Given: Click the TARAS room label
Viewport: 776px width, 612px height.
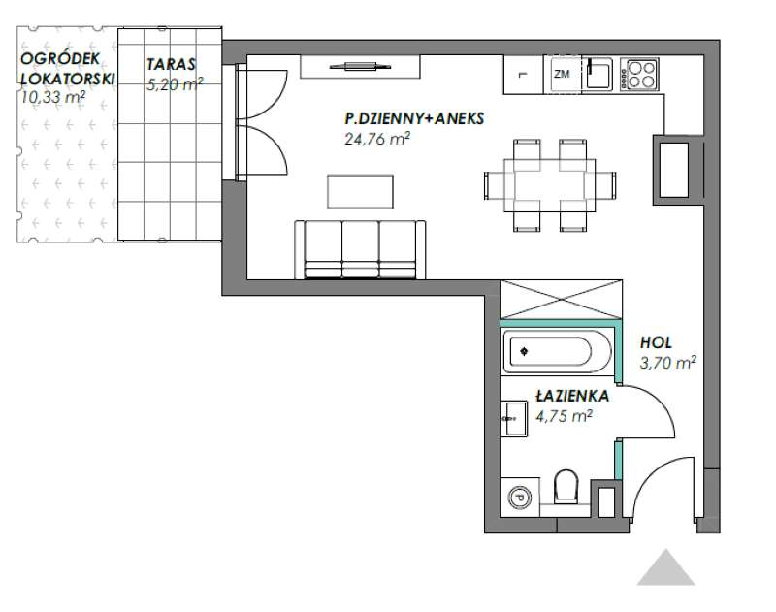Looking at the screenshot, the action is click(x=171, y=64).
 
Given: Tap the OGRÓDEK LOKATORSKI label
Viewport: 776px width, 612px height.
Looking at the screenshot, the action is click(x=67, y=68).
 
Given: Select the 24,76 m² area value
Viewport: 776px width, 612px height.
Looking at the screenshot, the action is click(x=377, y=139).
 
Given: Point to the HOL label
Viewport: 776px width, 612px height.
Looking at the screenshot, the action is click(x=656, y=342).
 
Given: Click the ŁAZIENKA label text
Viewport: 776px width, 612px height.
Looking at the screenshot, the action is click(x=572, y=396).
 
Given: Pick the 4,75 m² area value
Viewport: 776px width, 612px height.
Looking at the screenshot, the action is click(x=564, y=416).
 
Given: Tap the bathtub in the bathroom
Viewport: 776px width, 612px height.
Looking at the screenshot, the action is click(x=557, y=352).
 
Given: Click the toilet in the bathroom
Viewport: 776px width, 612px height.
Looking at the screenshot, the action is click(x=566, y=487).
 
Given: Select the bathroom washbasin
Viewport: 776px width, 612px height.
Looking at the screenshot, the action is click(x=514, y=419).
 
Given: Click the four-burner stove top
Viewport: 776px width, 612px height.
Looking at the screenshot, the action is click(x=640, y=75).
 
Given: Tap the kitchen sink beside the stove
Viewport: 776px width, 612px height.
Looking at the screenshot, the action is click(x=598, y=74).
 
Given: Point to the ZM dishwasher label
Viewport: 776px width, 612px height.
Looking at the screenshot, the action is click(x=562, y=75).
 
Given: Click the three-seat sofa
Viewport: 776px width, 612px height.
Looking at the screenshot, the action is click(x=360, y=249).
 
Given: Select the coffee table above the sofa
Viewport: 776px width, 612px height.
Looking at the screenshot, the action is click(x=360, y=191).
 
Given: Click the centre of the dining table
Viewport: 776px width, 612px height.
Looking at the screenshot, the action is click(x=550, y=185).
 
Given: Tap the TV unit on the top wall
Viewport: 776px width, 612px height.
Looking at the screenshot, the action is click(x=360, y=66).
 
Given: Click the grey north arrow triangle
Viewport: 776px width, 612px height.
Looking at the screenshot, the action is click(x=665, y=567).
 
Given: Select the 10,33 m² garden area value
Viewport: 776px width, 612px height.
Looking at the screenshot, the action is click(x=53, y=97).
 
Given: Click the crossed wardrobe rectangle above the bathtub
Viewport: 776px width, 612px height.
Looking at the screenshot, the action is click(x=562, y=300).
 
